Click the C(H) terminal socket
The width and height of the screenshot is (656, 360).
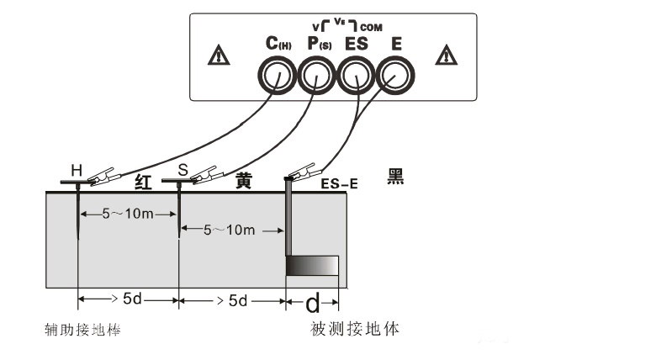(x=274, y=79)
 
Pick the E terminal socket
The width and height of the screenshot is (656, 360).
(x=394, y=79)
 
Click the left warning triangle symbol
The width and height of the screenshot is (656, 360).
(x=219, y=56)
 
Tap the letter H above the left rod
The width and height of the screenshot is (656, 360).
(x=77, y=171)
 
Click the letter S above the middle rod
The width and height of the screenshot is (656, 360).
(x=182, y=170)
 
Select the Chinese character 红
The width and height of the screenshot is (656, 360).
(x=144, y=179)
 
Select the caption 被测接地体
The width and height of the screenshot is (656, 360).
(x=354, y=329)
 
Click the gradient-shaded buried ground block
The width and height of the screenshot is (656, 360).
(x=312, y=266)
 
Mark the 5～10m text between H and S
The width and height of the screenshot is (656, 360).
(x=127, y=214)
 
